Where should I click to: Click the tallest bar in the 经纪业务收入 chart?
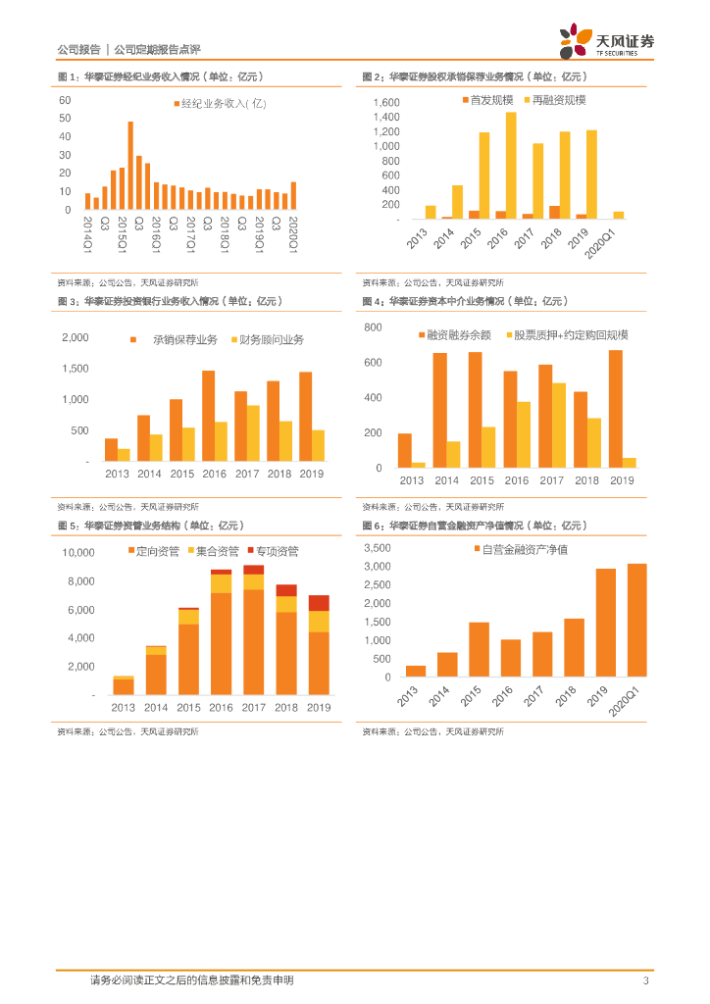point(130,166)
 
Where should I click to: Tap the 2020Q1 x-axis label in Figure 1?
point(293,235)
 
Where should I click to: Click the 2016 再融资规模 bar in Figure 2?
point(511,165)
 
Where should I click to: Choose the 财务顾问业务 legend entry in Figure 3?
point(267,340)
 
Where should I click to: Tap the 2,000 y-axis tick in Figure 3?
point(76,337)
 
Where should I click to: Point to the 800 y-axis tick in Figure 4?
point(373,326)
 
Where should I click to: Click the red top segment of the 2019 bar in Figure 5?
point(318,602)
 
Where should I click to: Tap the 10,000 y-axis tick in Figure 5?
point(78,553)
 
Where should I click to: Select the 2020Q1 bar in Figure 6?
point(636,620)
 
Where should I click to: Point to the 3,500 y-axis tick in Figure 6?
point(377,548)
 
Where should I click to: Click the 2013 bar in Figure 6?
point(416,671)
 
